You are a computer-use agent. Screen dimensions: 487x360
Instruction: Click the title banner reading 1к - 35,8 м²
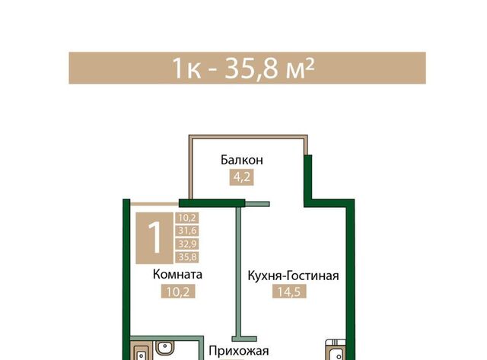(x=247, y=68)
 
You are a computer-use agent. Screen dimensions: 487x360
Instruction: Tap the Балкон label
(x=242, y=160)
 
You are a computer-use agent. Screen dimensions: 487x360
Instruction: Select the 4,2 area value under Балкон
(x=242, y=177)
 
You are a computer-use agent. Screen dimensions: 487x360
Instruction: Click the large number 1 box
(x=154, y=238)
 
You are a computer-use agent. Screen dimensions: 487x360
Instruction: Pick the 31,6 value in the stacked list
(x=187, y=231)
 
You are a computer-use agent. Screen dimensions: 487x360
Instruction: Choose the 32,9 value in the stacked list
(x=187, y=244)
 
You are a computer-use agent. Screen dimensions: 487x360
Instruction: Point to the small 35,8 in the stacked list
(x=187, y=257)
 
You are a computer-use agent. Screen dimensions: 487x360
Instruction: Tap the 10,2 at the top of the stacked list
(x=187, y=218)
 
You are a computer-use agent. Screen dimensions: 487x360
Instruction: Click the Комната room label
(x=177, y=275)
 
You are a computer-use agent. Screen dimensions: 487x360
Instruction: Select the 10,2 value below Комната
(x=178, y=292)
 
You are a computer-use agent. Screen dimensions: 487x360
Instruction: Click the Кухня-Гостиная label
(x=293, y=276)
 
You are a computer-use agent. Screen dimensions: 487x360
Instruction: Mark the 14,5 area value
(x=289, y=292)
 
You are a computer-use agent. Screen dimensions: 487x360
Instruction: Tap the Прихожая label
(x=238, y=351)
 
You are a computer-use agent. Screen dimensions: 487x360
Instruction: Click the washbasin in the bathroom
(x=165, y=347)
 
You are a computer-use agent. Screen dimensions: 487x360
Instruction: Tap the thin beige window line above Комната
(x=154, y=204)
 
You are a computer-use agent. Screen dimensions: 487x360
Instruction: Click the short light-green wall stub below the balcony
(x=257, y=204)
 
